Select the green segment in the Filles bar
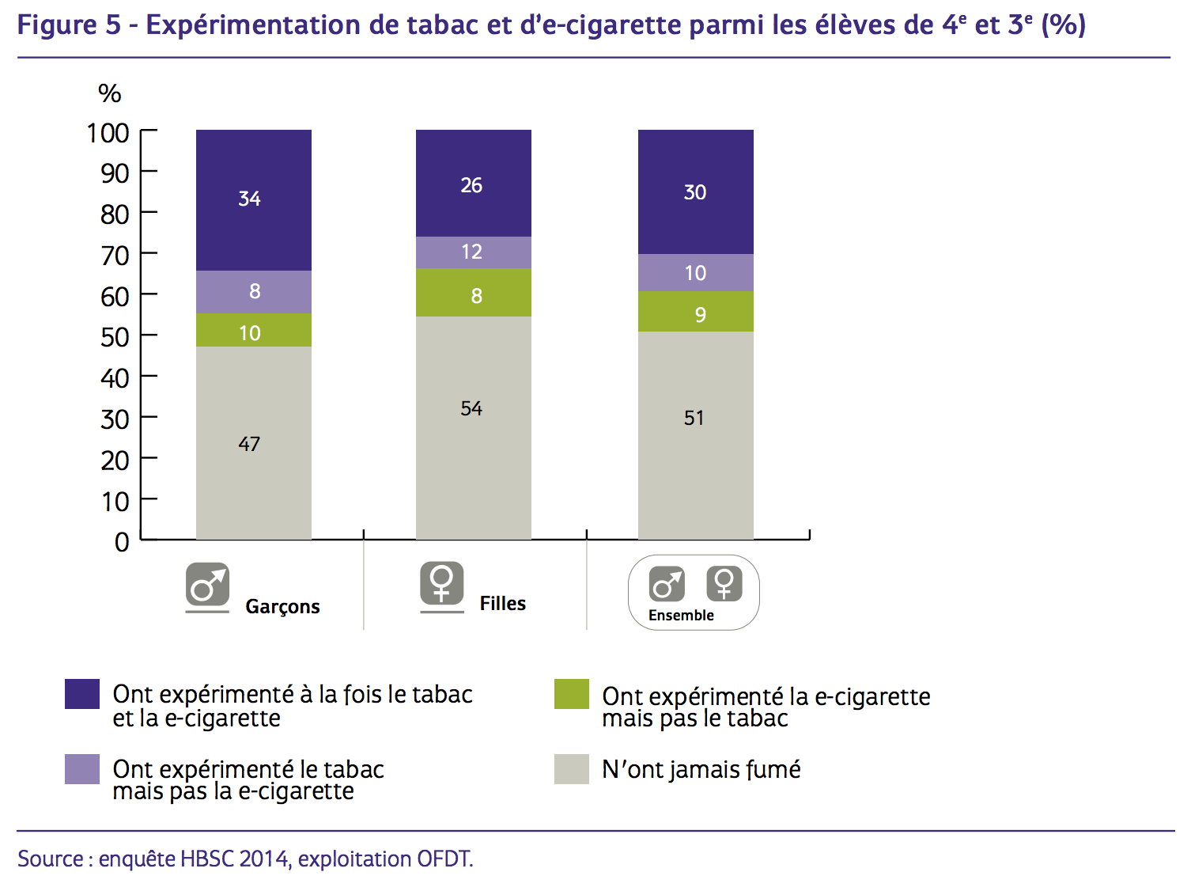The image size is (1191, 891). (473, 294)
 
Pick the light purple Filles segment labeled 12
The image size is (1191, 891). (473, 252)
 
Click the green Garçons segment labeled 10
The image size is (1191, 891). (253, 331)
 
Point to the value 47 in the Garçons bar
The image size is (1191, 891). (249, 444)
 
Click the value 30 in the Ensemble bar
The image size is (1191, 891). (695, 192)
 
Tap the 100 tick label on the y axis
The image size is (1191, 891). (108, 133)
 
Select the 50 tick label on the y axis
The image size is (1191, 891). (115, 337)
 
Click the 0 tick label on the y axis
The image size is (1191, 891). (122, 542)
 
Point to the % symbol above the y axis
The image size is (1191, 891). (109, 94)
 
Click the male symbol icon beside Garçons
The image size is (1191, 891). (207, 585)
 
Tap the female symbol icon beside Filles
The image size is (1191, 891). (441, 583)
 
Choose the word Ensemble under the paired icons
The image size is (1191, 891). (681, 616)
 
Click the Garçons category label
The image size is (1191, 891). (282, 607)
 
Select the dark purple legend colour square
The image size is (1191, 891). (82, 694)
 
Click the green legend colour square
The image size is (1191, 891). (571, 694)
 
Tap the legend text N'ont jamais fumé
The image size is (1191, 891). (701, 769)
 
